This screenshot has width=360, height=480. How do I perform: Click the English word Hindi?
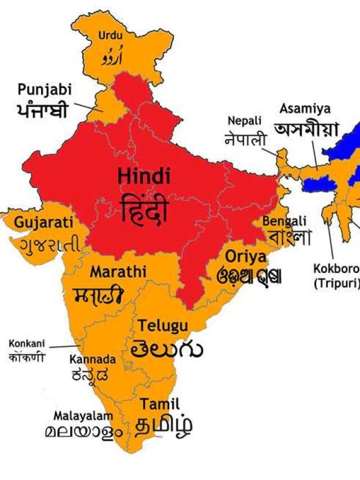coord(144,176)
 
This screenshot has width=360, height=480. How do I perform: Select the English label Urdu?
coord(110,36)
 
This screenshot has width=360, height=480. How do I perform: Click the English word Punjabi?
coord(43,89)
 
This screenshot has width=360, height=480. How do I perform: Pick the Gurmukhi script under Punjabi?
coord(42,110)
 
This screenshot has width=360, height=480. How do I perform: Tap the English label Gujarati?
coord(43,222)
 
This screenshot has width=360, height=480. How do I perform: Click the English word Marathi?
coord(118,272)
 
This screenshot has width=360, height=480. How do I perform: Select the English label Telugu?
coord(164,325)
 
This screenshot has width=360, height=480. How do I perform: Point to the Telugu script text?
coord(167,349)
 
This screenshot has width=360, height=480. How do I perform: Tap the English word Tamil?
coord(160,403)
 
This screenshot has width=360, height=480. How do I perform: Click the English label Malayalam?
coord(83,415)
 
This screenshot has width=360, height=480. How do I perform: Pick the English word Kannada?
coord(93,359)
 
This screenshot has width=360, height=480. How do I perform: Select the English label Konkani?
coord(26,343)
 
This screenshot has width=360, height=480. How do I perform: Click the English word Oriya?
coord(246,257)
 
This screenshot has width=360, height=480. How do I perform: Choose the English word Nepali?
coord(245,120)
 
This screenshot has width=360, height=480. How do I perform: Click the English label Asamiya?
coord(305,108)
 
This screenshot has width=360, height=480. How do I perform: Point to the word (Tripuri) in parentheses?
coord(336,282)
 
